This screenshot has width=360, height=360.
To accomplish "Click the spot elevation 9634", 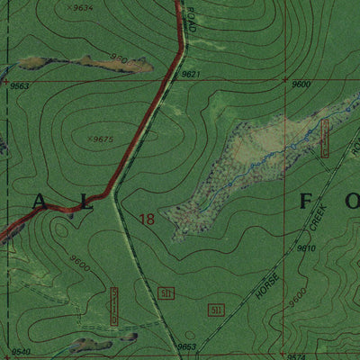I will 83,7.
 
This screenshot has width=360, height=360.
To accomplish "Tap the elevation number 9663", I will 21,85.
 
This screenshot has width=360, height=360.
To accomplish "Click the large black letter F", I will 305,200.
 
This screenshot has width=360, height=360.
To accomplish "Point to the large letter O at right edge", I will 352,200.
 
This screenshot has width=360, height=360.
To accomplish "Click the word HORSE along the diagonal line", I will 265,287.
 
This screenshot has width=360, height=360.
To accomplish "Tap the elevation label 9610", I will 306,247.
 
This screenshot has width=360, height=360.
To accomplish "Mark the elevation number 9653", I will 186,346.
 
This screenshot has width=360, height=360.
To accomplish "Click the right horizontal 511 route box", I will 215,310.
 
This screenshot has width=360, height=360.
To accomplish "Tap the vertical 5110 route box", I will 114,308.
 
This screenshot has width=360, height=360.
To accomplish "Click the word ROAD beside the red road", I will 192,20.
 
